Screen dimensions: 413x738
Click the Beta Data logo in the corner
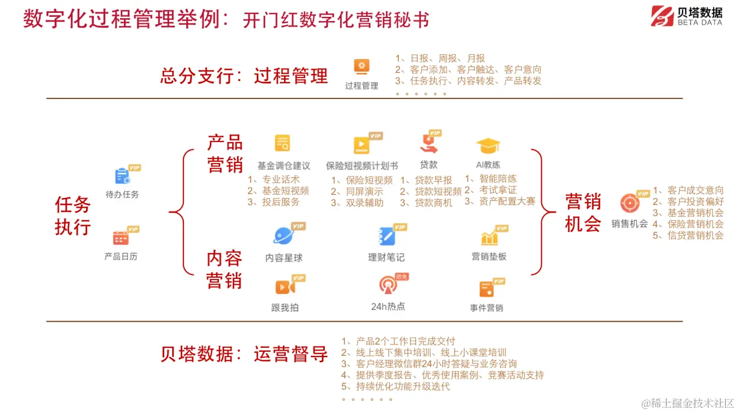(x=687, y=16)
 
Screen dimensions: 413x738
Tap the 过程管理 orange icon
(x=361, y=66)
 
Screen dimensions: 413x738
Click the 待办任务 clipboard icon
(x=122, y=176)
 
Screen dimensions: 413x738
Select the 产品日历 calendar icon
(x=121, y=237)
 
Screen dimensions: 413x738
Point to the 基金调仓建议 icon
(x=283, y=143)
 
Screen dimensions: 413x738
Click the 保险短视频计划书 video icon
(x=361, y=144)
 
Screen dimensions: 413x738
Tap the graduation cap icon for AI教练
(x=488, y=146)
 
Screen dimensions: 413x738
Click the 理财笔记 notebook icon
(x=386, y=236)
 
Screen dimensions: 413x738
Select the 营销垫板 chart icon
(x=489, y=237)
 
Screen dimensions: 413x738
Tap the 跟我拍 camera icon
(x=284, y=287)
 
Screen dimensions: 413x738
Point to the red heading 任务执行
(x=73, y=216)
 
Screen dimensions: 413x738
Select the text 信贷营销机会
(x=695, y=235)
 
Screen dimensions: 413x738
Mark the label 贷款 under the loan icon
(x=429, y=165)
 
